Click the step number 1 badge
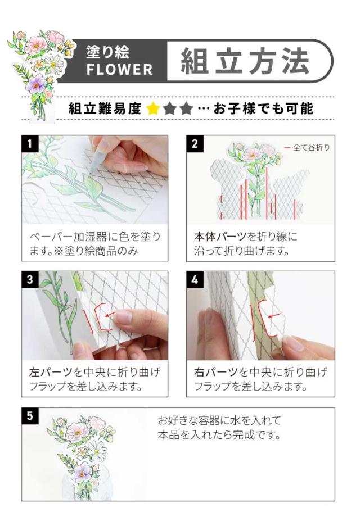tap(30, 143)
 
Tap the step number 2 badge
tap(195, 143)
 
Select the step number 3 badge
tap(30, 279)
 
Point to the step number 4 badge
tap(195, 279)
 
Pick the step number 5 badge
tap(30, 416)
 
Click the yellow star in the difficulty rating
tap(153, 108)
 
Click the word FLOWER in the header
tap(120, 70)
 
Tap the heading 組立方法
tap(245, 61)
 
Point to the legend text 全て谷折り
tap(311, 147)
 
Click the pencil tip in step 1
tap(91, 173)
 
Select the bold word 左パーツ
tap(51, 372)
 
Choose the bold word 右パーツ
tap(215, 372)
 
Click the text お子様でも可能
tap(263, 108)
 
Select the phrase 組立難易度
tap(105, 108)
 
